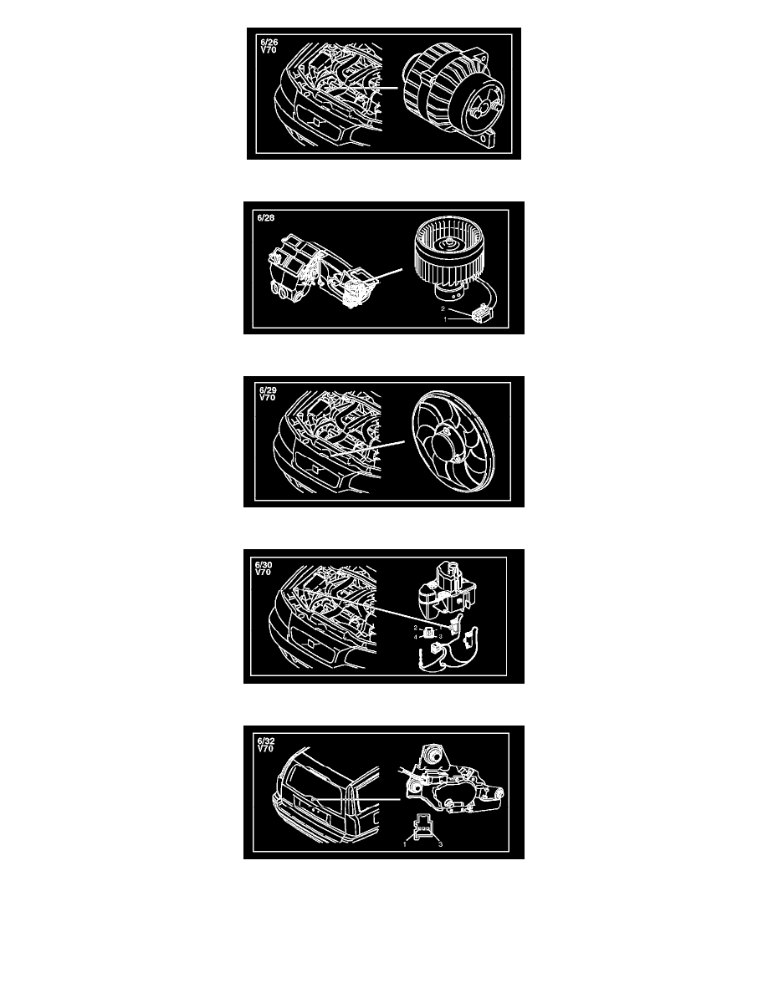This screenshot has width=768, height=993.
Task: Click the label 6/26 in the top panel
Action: tap(269, 43)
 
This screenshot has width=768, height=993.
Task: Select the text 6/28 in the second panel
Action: tap(266, 218)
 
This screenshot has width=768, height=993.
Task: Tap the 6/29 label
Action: tap(268, 390)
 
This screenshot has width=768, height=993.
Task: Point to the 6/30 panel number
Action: tap(264, 565)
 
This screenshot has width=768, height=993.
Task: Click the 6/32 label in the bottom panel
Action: tap(266, 741)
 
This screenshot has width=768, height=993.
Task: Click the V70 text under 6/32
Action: tap(265, 749)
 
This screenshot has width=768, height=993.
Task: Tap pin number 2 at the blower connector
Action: tap(443, 309)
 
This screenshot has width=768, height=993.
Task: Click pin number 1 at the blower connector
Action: tap(445, 319)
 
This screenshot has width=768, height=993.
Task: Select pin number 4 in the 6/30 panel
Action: tap(416, 637)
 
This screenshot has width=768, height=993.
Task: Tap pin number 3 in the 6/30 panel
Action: tap(440, 636)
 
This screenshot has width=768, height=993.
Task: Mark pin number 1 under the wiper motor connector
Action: tap(405, 843)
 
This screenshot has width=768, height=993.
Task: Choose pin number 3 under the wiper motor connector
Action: tap(440, 843)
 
